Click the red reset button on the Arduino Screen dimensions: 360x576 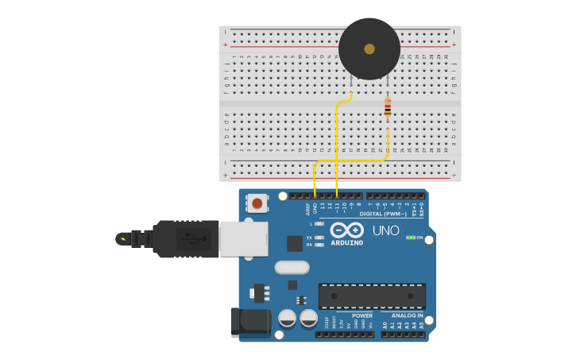(x=257, y=203)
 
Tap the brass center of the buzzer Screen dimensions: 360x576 (x=369, y=49)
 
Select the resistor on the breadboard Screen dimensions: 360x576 (x=388, y=107)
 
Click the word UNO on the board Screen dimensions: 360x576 (x=386, y=230)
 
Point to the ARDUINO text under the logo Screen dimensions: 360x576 (x=346, y=242)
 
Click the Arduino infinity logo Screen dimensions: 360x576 (x=346, y=230)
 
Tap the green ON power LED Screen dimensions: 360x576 (x=411, y=238)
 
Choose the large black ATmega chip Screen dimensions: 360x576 (x=372, y=296)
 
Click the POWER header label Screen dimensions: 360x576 (x=362, y=315)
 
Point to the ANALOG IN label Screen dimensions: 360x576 (x=407, y=315)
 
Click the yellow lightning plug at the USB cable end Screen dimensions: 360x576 (x=122, y=238)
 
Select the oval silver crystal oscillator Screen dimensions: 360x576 (x=292, y=267)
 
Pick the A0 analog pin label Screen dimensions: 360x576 (x=385, y=325)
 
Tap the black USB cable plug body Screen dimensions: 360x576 (x=186, y=238)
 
